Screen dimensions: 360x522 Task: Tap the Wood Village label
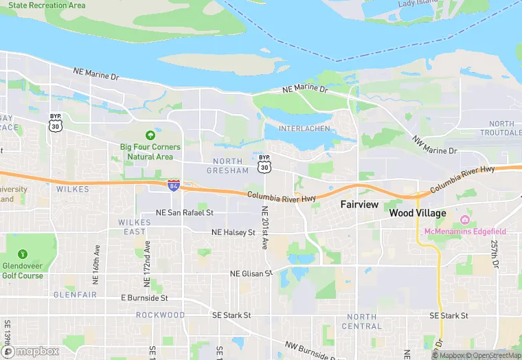[x=417, y=213]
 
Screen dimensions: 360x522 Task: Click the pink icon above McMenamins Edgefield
[x=465, y=220]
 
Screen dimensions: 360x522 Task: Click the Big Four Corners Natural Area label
[x=150, y=152]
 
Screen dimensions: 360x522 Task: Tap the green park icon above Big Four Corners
[x=150, y=135]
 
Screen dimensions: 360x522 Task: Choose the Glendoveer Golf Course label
[x=22, y=271]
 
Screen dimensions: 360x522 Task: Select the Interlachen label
[x=306, y=128]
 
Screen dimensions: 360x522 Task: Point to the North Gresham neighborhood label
[x=227, y=166]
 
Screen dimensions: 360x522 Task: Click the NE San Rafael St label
[x=185, y=213]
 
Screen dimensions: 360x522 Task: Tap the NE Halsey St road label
[x=234, y=233]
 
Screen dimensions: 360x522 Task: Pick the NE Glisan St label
[x=251, y=273]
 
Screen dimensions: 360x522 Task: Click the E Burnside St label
[x=144, y=298]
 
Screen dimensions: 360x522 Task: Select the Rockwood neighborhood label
[x=160, y=315]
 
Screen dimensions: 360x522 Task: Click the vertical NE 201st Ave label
[x=264, y=227]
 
